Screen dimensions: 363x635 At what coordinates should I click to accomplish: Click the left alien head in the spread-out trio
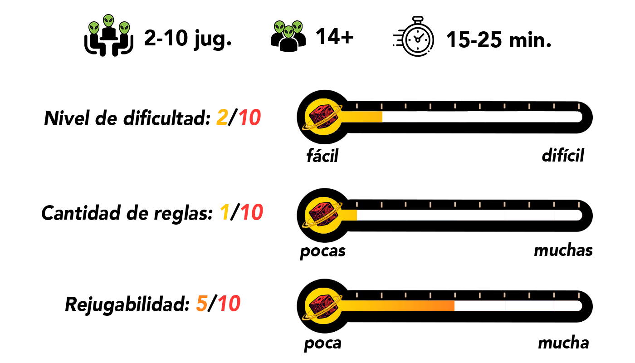(94, 28)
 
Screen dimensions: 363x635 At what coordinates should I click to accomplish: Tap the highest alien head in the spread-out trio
(108, 20)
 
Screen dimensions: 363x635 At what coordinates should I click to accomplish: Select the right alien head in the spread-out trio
(124, 28)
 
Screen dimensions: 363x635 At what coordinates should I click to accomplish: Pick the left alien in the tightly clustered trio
(279, 27)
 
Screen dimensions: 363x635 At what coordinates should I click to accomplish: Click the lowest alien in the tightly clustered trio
(288, 32)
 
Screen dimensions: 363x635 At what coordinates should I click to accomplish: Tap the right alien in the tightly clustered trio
(297, 27)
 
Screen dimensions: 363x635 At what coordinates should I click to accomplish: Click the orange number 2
(222, 118)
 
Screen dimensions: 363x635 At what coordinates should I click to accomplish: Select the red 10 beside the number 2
(250, 118)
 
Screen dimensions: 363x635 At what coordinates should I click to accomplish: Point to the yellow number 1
(225, 213)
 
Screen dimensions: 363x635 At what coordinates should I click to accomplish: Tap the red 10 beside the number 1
(252, 213)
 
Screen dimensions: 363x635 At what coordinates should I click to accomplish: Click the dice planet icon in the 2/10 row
(323, 117)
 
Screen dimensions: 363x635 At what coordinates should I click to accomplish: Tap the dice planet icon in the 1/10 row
(323, 215)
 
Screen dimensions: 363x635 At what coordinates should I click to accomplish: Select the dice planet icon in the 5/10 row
(323, 306)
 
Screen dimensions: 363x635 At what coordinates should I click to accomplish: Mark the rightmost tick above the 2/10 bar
(579, 106)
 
